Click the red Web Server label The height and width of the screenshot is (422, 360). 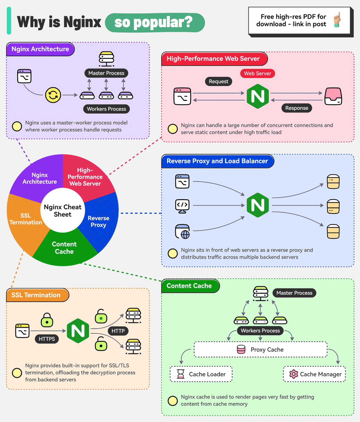[257, 73]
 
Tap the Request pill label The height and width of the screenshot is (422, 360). [218, 81]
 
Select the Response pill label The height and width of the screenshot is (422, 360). [297, 108]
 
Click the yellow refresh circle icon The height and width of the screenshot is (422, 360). [53, 95]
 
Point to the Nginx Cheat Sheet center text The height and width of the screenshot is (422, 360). [63, 211]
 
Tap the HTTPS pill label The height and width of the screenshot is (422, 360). [47, 339]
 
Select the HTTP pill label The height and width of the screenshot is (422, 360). [118, 331]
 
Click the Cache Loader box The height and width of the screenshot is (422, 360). [201, 374]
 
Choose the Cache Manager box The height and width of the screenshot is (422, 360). [314, 374]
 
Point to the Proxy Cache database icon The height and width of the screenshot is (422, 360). [241, 349]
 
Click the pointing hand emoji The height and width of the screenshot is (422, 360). [337, 20]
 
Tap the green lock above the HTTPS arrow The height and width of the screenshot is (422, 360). [47, 320]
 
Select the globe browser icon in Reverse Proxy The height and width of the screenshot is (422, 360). [183, 232]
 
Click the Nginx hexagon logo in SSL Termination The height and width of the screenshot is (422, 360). [78, 331]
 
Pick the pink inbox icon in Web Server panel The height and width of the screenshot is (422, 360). [333, 96]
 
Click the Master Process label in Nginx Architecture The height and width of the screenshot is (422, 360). [106, 73]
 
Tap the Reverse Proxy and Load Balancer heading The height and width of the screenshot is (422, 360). [217, 161]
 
